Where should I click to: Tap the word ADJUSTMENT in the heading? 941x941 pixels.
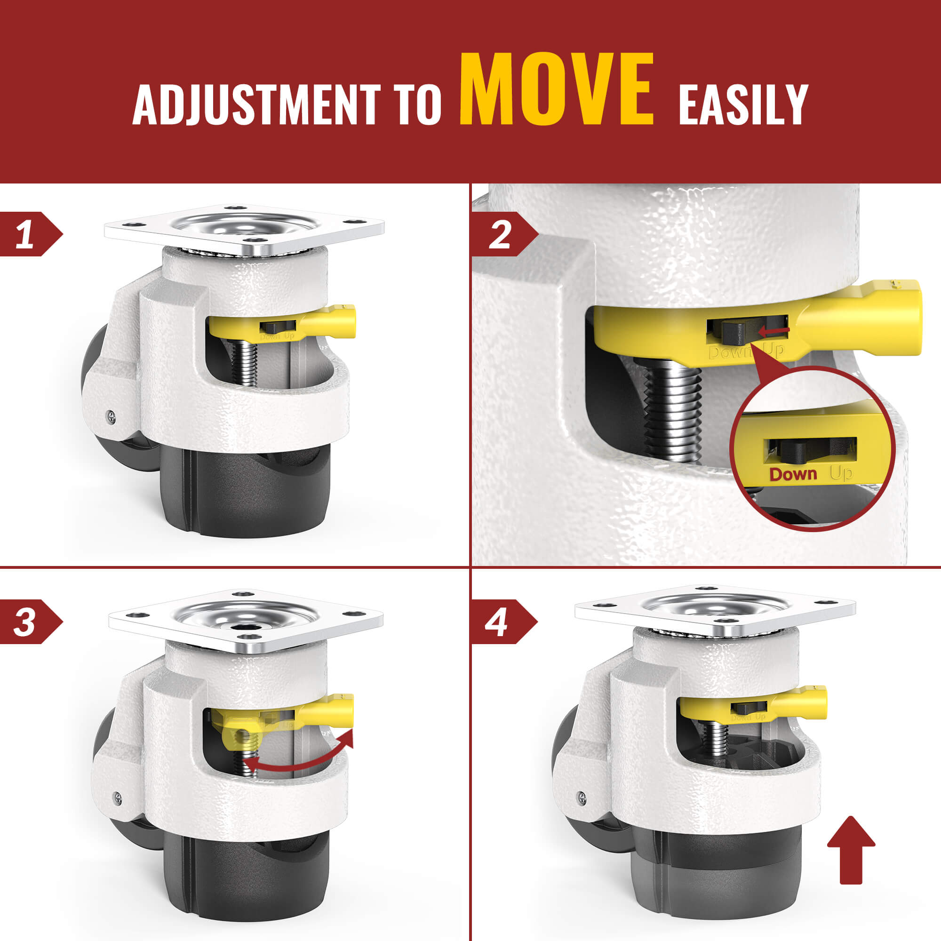[256, 104]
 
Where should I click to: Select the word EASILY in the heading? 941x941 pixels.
[743, 104]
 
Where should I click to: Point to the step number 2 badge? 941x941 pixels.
[503, 234]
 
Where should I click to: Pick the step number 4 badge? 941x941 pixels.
[503, 622]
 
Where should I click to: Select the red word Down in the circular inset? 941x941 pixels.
[793, 474]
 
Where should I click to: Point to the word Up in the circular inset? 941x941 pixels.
[841, 473]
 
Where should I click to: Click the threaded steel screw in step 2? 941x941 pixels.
[673, 414]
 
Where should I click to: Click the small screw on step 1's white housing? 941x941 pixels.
[112, 415]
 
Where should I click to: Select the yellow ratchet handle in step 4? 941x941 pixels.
[752, 707]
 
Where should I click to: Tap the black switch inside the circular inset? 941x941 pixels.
[799, 451]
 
